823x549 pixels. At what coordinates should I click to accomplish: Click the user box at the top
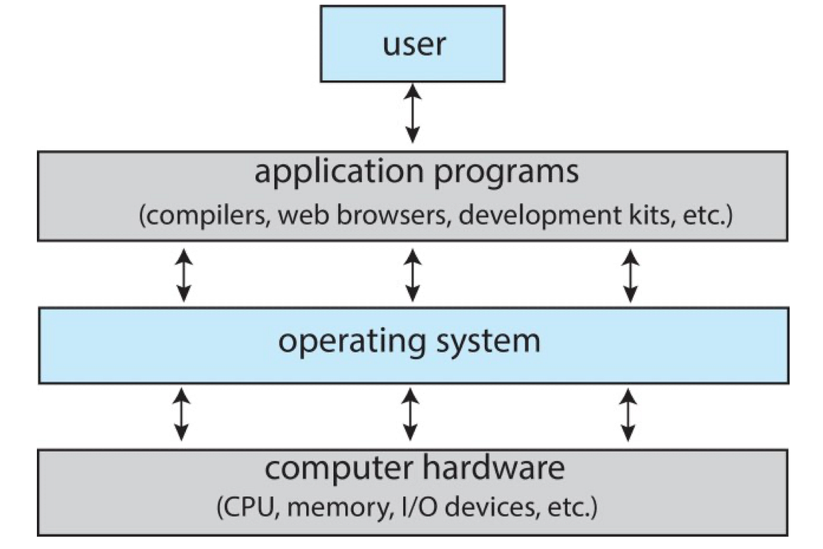coord(413,43)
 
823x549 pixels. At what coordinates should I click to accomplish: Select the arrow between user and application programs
coord(412,112)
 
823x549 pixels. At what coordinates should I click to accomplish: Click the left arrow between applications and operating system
coord(182,276)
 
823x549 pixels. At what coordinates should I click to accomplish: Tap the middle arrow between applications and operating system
coord(412,276)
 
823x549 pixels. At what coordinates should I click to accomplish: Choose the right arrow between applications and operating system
coord(630,276)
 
